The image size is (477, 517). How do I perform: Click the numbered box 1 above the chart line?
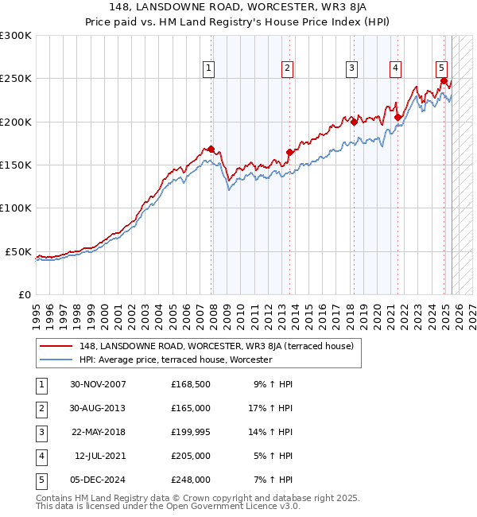pyautogui.click(x=208, y=68)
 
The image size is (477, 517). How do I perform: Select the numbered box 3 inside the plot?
pyautogui.click(x=351, y=68)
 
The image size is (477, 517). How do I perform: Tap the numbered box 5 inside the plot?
pyautogui.click(x=441, y=68)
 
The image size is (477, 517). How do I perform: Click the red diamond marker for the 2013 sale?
pyautogui.click(x=289, y=153)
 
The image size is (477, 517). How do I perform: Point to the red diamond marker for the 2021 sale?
pyautogui.click(x=397, y=118)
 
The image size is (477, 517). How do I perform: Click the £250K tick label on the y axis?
pyautogui.click(x=16, y=79)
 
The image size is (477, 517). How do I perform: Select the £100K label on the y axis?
pyautogui.click(x=16, y=208)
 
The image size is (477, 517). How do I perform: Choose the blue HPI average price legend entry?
pyautogui.click(x=176, y=360)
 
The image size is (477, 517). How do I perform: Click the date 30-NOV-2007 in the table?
pyautogui.click(x=98, y=384)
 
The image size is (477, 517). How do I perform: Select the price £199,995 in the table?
pyautogui.click(x=191, y=432)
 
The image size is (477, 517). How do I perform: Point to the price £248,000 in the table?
pyautogui.click(x=191, y=480)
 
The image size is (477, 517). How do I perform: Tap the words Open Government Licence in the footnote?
pyautogui.click(x=214, y=506)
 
